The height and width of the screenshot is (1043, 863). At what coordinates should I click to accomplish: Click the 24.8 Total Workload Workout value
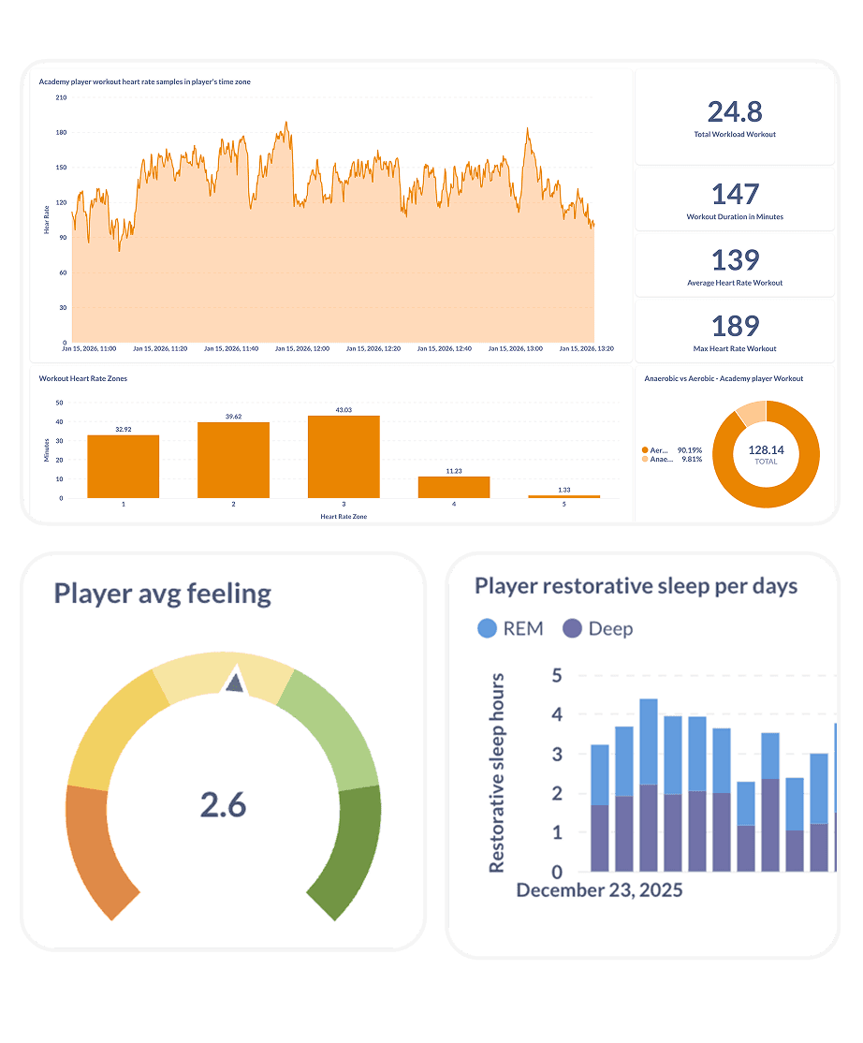click(735, 112)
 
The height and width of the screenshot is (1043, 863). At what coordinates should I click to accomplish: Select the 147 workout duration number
click(735, 195)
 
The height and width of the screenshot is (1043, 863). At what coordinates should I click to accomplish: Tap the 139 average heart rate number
click(735, 260)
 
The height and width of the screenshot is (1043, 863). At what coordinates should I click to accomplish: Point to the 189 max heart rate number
click(735, 327)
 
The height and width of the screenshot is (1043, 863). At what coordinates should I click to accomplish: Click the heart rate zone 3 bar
click(344, 457)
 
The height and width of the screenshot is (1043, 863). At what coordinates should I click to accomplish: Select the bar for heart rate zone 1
click(123, 466)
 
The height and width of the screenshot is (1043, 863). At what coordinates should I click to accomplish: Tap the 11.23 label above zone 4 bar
click(454, 471)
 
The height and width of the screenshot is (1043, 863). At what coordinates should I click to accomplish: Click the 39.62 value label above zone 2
click(233, 417)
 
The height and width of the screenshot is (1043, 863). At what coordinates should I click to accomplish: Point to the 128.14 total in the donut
click(766, 449)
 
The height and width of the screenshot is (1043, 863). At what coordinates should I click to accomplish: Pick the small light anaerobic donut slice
click(752, 414)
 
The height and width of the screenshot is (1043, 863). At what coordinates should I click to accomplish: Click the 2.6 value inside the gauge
click(224, 804)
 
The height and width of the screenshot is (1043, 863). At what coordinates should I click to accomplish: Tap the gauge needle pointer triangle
click(234, 683)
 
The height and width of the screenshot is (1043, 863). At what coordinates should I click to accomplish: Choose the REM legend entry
click(510, 628)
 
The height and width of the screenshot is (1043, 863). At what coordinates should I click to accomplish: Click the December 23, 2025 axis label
click(599, 889)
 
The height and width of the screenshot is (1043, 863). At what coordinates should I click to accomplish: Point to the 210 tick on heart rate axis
click(61, 97)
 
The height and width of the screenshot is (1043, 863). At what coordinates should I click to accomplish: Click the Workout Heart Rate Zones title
click(83, 378)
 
